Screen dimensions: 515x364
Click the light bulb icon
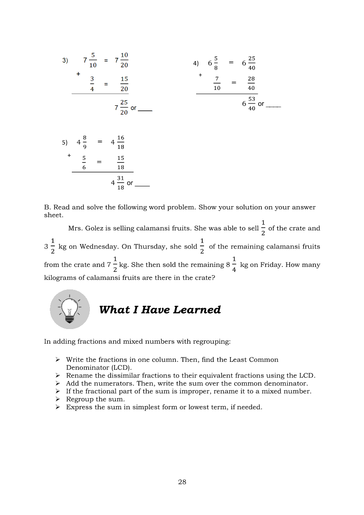[69, 309]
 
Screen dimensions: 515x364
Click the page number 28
[182, 482]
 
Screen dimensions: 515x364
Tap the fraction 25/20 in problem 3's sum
[124, 107]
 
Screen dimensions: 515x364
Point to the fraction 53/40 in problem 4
[252, 104]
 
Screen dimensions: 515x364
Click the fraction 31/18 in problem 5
[121, 182]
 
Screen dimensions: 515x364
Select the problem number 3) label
[65, 60]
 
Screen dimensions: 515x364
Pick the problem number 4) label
[196, 63]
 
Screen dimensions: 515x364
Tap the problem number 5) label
[65, 142]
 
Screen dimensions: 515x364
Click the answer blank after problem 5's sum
[142, 186]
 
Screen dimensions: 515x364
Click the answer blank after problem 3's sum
[145, 110]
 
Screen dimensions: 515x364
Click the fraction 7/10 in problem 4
[216, 83]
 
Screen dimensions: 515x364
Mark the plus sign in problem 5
[69, 156]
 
